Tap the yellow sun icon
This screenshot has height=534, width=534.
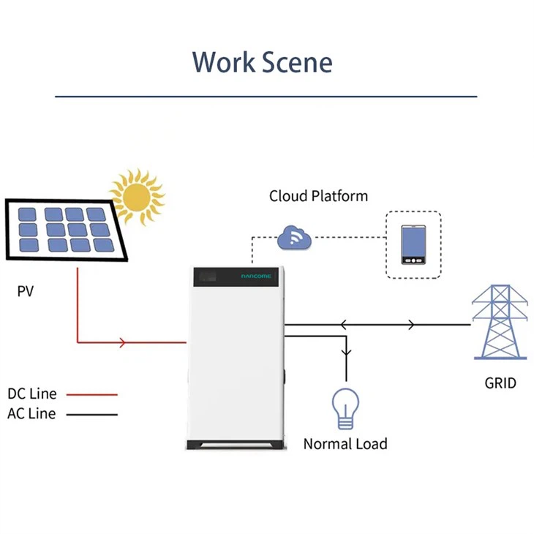coord(137,196)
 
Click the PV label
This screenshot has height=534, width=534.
coord(26,292)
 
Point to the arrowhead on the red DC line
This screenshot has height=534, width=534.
coord(122,342)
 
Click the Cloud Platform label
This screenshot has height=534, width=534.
coord(318,196)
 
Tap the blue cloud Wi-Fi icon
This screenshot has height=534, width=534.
coord(295,237)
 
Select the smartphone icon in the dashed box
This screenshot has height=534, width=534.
coord(414,245)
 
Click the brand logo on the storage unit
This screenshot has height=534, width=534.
coord(256,277)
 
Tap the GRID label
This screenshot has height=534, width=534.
coord(500,383)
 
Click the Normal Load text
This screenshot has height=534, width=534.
coord(345,443)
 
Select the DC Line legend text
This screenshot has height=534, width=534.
coord(31,394)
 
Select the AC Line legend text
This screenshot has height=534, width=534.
coord(31,413)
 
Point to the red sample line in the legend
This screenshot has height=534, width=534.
coord(91,394)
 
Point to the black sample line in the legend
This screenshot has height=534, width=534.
coord(91,414)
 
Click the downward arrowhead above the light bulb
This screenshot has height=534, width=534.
coord(346,353)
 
